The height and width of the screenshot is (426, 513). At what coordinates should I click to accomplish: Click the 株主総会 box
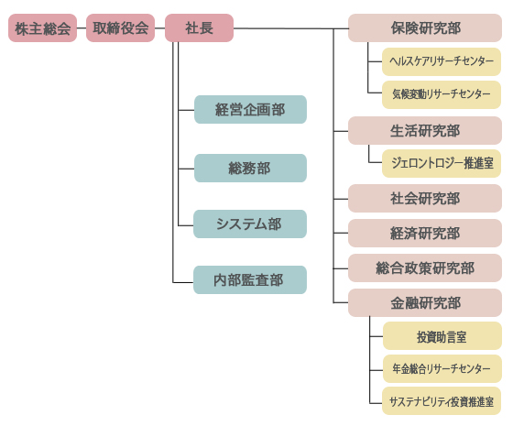tap(42, 28)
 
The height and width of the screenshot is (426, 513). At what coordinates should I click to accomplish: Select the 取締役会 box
tap(120, 28)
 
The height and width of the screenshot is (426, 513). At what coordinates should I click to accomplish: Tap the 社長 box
tap(199, 28)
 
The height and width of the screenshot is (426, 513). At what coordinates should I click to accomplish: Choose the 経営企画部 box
tap(250, 110)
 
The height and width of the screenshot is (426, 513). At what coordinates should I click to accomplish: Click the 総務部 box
tap(250, 168)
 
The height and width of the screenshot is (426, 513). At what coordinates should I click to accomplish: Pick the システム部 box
tap(250, 224)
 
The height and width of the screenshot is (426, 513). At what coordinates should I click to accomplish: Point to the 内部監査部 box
tap(250, 280)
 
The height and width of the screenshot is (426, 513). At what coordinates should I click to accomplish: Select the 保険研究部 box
tap(425, 28)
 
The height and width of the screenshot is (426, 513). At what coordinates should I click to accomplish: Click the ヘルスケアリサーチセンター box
tap(442, 62)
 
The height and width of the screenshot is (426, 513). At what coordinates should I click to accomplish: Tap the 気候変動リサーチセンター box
tap(442, 93)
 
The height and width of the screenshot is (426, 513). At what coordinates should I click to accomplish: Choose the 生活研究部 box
tap(425, 130)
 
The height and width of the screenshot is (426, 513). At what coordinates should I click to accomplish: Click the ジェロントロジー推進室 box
tap(442, 163)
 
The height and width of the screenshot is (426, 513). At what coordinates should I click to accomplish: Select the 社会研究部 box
tap(425, 198)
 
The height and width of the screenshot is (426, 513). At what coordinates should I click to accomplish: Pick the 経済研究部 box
tap(425, 233)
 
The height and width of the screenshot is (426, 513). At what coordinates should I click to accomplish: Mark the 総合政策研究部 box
tap(425, 268)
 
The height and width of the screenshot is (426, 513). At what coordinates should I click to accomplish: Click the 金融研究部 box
tap(425, 302)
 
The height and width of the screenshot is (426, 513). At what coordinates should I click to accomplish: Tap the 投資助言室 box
tap(442, 336)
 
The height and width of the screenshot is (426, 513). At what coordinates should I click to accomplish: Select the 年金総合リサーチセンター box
tap(442, 369)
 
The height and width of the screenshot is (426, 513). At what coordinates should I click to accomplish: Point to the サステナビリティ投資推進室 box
tap(442, 401)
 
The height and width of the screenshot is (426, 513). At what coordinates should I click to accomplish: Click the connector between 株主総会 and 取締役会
tap(82, 28)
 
